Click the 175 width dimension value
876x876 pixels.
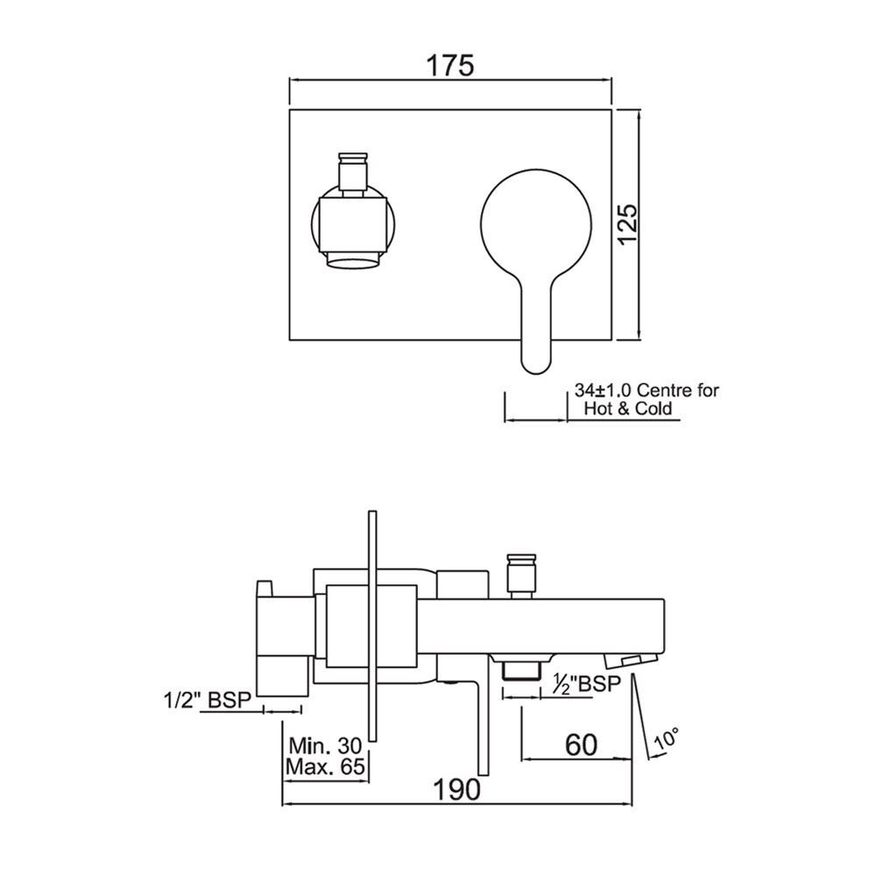[449, 65]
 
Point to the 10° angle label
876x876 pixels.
[667, 740]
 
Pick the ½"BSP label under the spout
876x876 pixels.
[584, 683]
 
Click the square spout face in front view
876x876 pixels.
[352, 224]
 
